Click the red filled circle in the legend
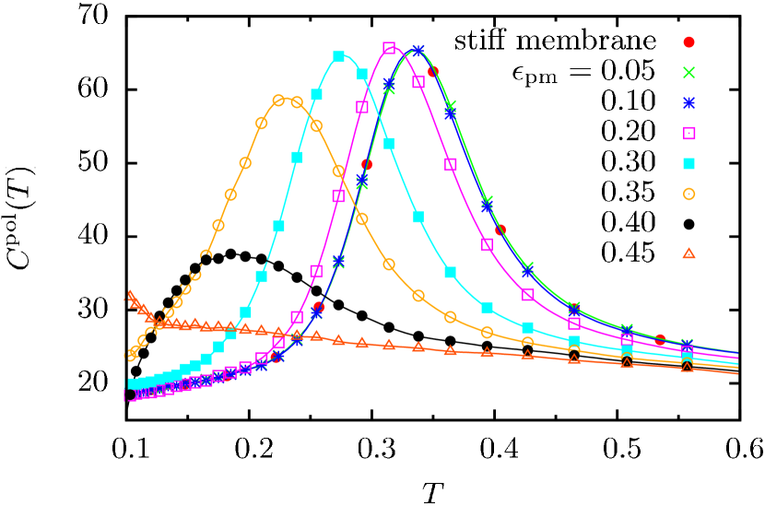coord(688,42)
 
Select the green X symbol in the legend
coord(688,73)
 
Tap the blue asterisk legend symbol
coord(688,103)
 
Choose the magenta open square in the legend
coord(688,134)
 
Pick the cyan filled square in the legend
coord(688,164)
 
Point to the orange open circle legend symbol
coord(688,194)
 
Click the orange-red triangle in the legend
coord(688,253)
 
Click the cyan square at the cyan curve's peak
coord(338,57)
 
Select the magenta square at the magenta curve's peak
coord(389,48)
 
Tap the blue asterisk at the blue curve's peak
coord(418,51)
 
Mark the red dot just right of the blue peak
coord(432,71)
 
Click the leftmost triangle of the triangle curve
coord(129,297)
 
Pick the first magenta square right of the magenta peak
coord(418,82)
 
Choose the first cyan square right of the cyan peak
coord(362,75)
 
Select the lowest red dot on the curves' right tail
coord(660,339)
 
